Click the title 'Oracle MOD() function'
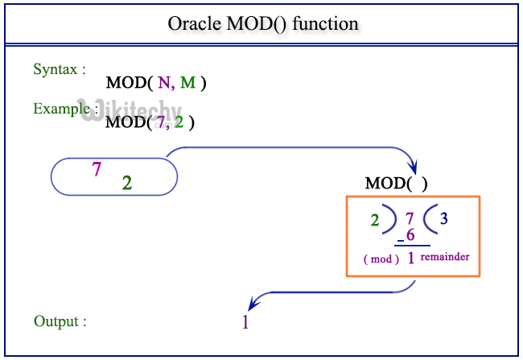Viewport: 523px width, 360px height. click(x=262, y=23)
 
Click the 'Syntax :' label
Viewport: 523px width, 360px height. click(x=60, y=69)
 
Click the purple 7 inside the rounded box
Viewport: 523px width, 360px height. click(x=97, y=169)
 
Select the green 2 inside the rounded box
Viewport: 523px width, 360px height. click(x=127, y=183)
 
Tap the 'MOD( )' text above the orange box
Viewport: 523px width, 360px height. click(x=397, y=184)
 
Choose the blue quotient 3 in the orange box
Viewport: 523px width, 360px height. click(x=443, y=219)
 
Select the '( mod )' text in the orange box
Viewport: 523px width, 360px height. click(x=381, y=259)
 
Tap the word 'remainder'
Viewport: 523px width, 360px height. click(x=445, y=257)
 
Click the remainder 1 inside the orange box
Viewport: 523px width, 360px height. click(x=410, y=259)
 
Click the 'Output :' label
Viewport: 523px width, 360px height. click(x=60, y=321)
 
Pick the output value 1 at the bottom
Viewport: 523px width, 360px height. click(x=245, y=322)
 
